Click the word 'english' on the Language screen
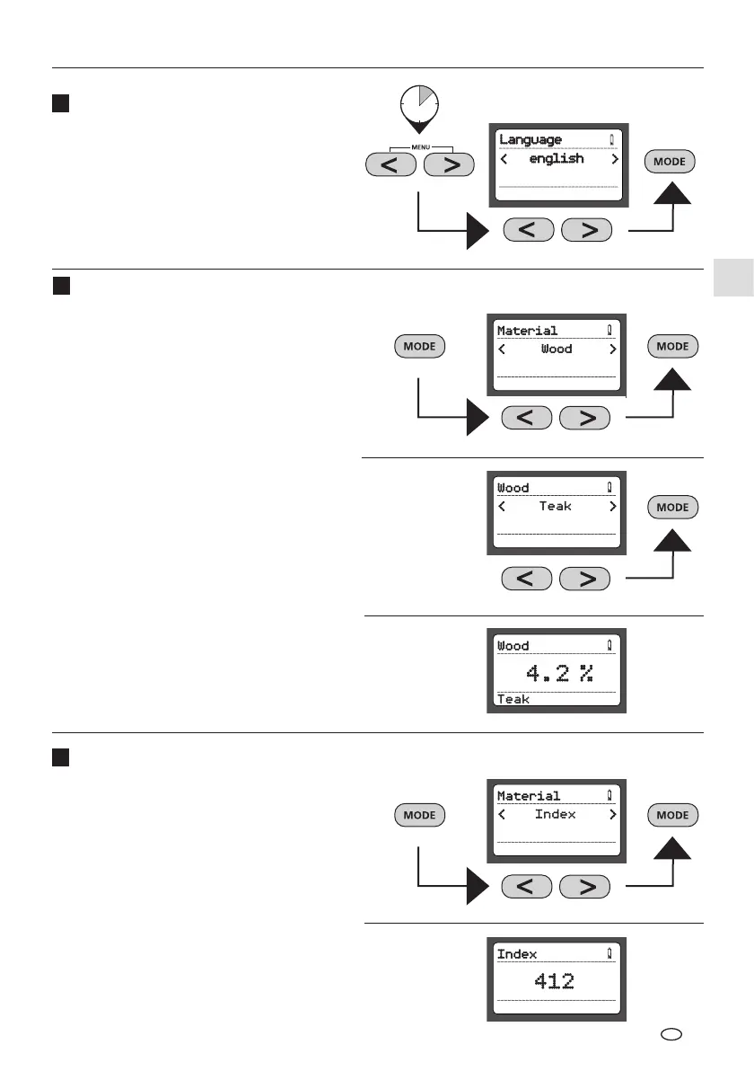(557, 159)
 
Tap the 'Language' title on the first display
(530, 139)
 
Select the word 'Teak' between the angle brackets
(556, 507)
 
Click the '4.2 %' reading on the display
(555, 674)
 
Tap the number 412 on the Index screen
(555, 981)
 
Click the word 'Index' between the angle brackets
(556, 815)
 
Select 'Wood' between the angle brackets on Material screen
(557, 349)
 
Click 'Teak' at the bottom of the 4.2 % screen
(513, 699)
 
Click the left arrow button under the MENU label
(391, 165)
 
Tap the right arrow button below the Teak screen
(585, 579)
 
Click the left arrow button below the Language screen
(530, 230)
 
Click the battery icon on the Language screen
(612, 139)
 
